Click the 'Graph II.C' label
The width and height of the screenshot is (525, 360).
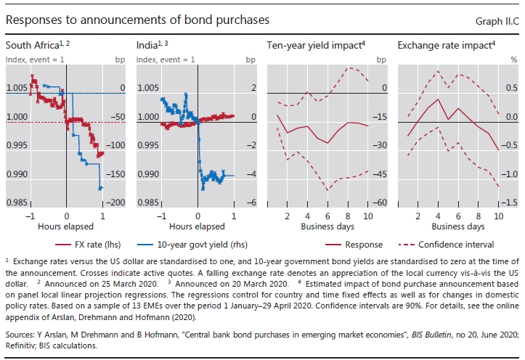(x=495, y=21)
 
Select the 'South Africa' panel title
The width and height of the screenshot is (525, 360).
(x=31, y=46)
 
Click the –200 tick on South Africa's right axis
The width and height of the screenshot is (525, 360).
(x=118, y=202)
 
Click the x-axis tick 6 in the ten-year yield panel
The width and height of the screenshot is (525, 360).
(x=327, y=216)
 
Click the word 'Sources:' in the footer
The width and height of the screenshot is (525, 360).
(x=20, y=326)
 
